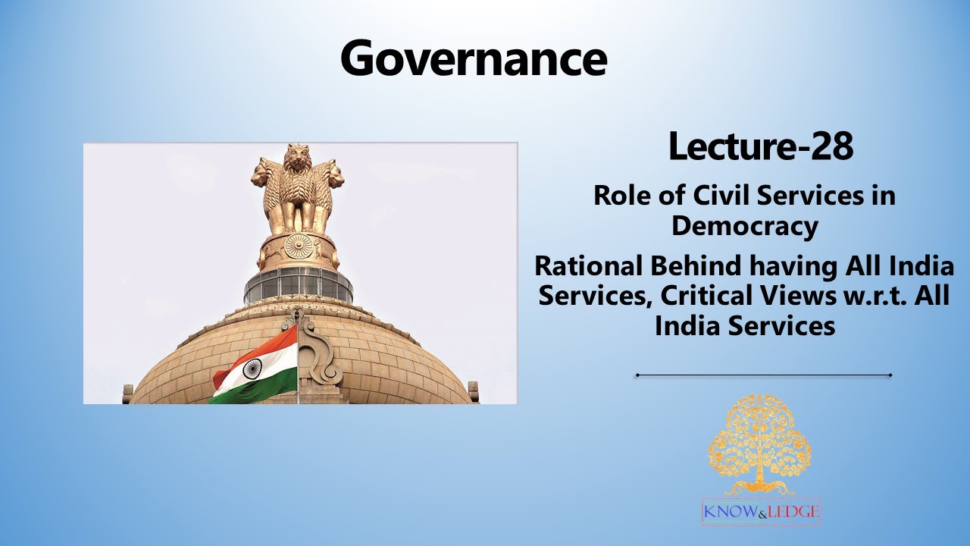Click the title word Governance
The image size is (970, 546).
tap(474, 58)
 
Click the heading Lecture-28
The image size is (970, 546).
tap(760, 146)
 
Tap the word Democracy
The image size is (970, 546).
tap(744, 225)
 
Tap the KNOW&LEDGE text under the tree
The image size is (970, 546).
tap(761, 512)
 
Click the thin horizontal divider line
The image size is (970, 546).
tap(763, 375)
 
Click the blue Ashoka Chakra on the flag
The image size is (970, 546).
tap(252, 369)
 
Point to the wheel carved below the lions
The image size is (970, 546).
tap(298, 246)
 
